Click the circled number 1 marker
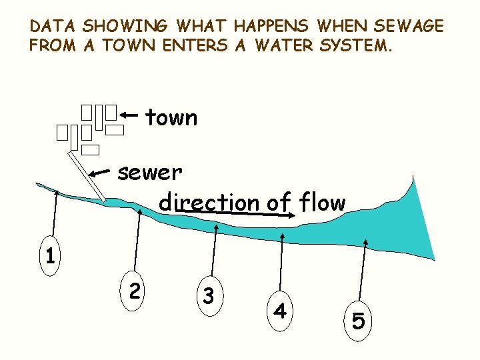49,255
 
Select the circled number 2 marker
135,291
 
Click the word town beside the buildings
171,118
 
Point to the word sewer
149,173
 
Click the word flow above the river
323,202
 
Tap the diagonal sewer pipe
87,175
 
